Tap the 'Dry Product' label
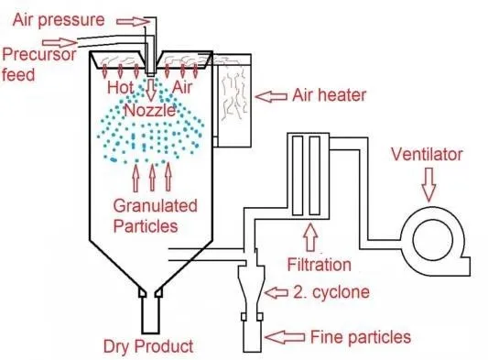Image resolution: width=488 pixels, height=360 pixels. (x=148, y=346)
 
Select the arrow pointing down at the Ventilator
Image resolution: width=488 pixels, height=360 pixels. (x=428, y=187)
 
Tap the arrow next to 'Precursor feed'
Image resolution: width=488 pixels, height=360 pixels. (x=72, y=42)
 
